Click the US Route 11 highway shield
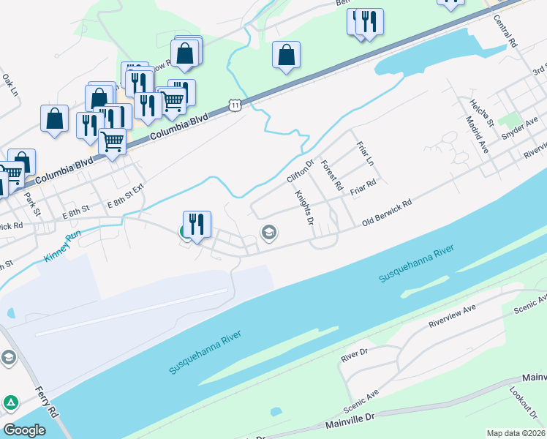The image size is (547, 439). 233,106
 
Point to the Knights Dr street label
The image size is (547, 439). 303,208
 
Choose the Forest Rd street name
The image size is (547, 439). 331,176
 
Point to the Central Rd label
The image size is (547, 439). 505,30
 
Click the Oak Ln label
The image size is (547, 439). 10,85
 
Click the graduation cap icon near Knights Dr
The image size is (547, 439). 268,233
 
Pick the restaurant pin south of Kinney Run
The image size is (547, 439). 197,223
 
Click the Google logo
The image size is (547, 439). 25,429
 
